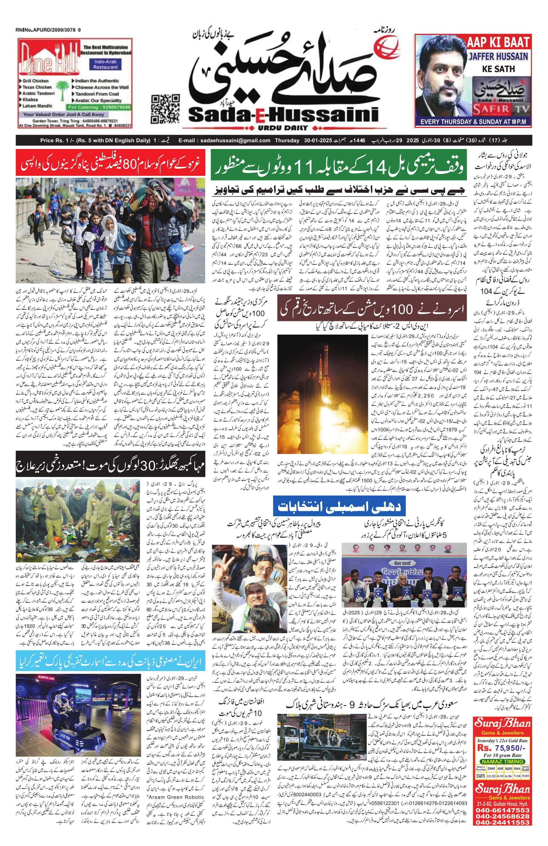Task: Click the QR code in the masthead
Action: tap(165, 109)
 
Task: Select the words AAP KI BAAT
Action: tap(498, 43)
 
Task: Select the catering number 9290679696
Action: tap(99, 107)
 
